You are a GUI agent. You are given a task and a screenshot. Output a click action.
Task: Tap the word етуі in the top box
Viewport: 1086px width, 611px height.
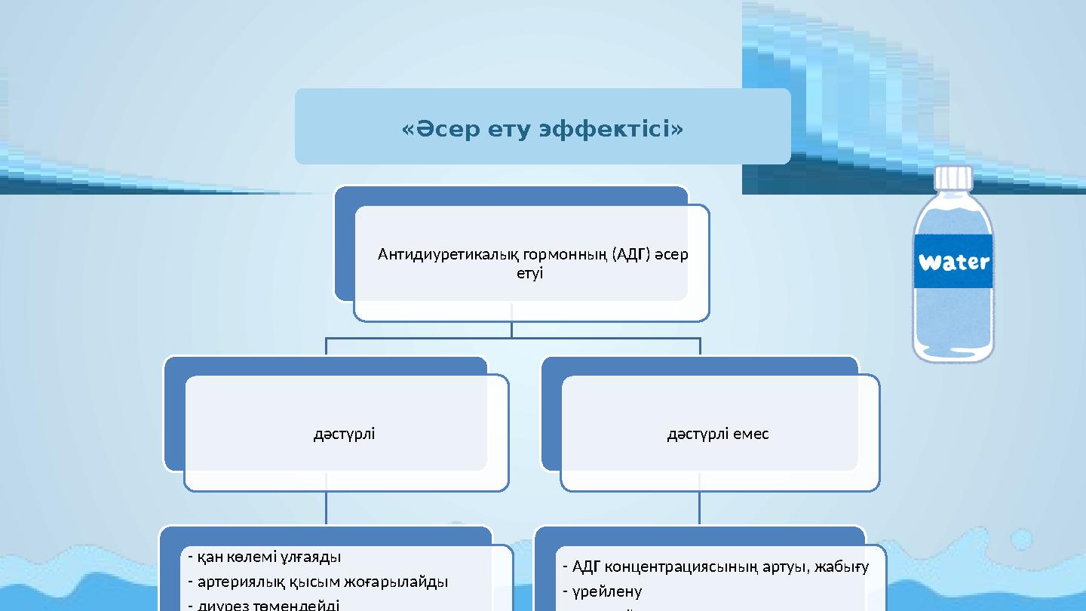click(529, 273)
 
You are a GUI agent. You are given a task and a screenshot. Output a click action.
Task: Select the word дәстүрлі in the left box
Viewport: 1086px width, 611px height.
click(344, 434)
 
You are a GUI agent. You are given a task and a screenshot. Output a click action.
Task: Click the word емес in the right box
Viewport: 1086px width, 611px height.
click(750, 434)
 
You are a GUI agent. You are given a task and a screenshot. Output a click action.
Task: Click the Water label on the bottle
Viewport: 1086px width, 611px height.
click(953, 263)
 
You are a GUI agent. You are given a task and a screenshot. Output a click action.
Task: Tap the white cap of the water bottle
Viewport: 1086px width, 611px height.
click(953, 178)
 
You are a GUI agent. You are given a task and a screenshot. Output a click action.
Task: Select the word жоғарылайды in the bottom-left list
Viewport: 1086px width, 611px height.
click(397, 582)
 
